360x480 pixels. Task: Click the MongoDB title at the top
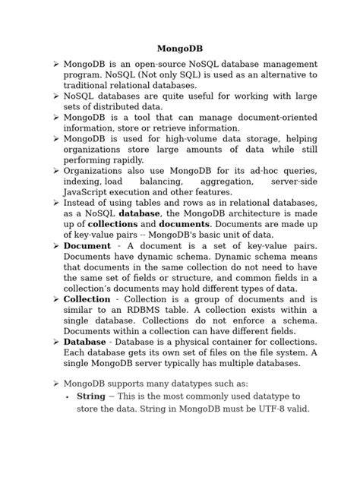179,49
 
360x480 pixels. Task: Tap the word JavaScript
90,193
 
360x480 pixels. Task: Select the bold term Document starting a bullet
87,246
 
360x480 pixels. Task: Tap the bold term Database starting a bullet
84,342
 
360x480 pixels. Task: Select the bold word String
90,396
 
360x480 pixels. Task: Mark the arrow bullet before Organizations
55,172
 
